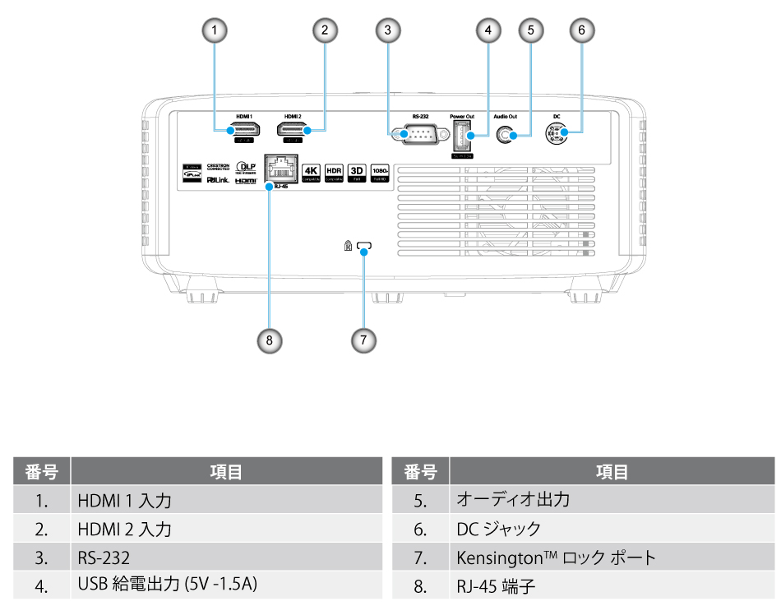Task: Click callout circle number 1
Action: click(215, 30)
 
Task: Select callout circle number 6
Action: click(581, 30)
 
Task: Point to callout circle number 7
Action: click(364, 338)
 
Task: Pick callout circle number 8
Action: click(269, 338)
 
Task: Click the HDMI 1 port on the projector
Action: click(247, 130)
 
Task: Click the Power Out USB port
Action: click(461, 134)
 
